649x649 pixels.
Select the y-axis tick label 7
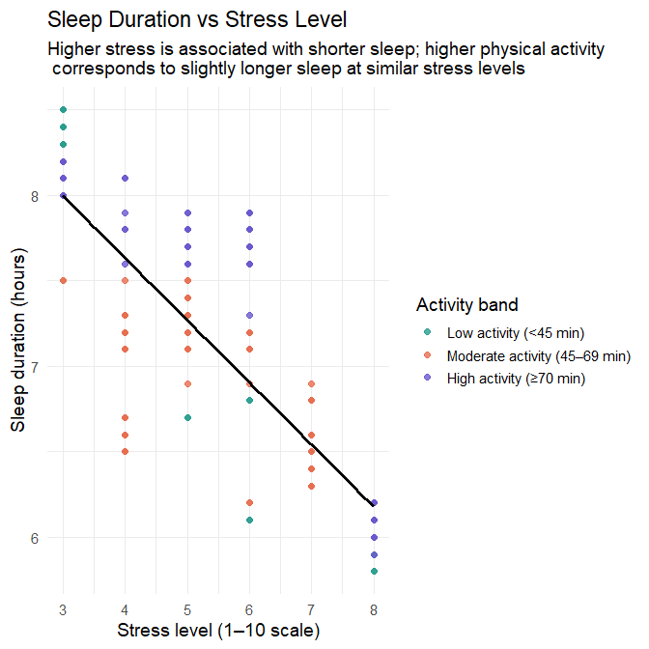point(36,367)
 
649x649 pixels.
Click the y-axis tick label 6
point(36,538)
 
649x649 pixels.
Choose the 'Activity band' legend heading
point(467,305)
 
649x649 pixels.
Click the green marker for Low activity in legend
point(427,333)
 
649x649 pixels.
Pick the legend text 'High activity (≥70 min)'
point(517,379)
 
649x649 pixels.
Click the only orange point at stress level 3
point(64,281)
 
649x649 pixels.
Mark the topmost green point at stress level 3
point(64,110)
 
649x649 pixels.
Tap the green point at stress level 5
point(188,418)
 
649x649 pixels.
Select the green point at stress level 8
point(374,572)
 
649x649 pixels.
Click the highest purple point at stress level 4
point(126,179)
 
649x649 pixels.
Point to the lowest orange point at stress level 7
point(312,486)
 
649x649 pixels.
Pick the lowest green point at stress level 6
point(250,521)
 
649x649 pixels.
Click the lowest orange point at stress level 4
point(126,452)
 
